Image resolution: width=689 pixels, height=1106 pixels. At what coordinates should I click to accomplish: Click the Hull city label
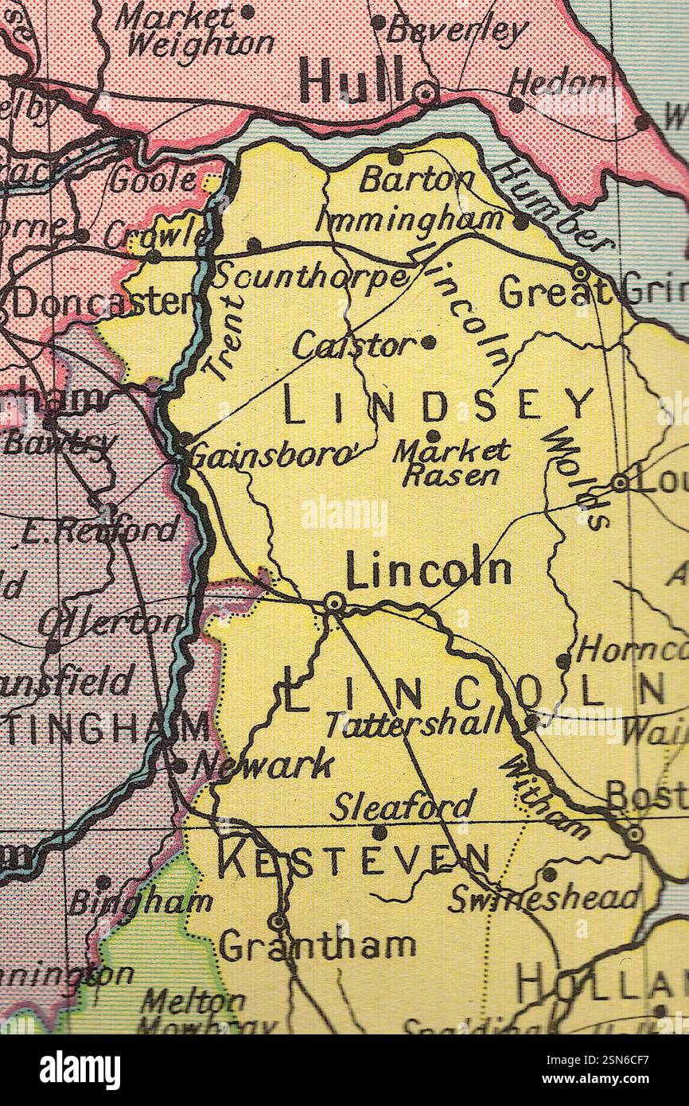click(351, 82)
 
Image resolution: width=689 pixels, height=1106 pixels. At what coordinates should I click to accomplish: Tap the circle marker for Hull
click(426, 93)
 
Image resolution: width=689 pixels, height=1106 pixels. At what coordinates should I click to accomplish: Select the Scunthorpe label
click(310, 276)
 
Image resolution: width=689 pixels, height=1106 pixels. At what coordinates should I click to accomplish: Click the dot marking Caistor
click(428, 342)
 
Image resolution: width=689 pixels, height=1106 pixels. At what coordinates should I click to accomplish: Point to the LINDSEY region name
click(438, 407)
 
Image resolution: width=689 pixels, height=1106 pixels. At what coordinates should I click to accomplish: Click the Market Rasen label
click(452, 462)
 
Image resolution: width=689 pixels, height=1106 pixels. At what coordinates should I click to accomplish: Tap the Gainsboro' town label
click(271, 456)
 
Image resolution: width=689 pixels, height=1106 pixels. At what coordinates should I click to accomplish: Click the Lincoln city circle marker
click(334, 604)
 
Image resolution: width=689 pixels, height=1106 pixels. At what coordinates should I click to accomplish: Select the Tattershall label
click(414, 723)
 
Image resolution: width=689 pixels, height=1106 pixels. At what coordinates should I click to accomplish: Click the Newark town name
click(263, 765)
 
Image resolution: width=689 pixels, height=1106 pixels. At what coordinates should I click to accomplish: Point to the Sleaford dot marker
click(380, 832)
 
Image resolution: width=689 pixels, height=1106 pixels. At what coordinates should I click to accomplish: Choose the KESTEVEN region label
click(354, 861)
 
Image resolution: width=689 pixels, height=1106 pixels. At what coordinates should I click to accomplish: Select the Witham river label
click(546, 796)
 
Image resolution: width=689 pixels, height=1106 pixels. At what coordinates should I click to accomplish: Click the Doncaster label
click(103, 302)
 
